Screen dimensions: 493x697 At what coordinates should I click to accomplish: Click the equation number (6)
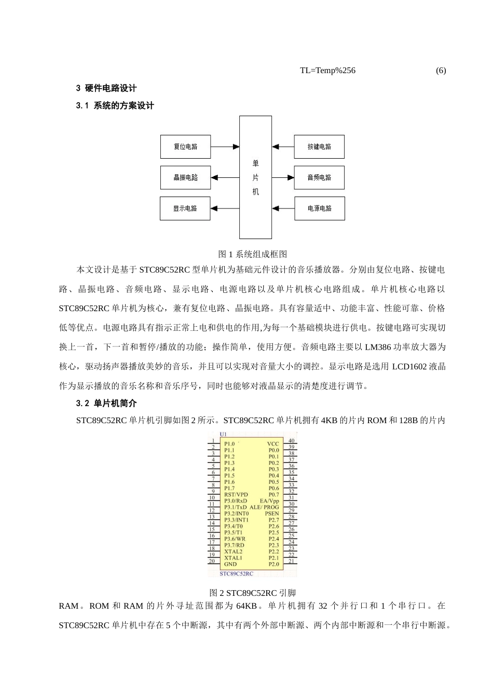pyautogui.click(x=441, y=71)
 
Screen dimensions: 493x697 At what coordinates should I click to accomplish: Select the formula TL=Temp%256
pyautogui.click(x=327, y=71)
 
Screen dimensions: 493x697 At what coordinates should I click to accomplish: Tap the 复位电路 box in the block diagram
pyautogui.click(x=185, y=147)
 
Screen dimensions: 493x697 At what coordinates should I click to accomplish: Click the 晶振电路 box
pyautogui.click(x=185, y=177)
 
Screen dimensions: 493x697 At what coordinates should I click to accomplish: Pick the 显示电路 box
pyautogui.click(x=185, y=208)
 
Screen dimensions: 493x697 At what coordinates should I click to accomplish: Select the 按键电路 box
pyautogui.click(x=319, y=147)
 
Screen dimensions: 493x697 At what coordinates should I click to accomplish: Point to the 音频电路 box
pyautogui.click(x=319, y=177)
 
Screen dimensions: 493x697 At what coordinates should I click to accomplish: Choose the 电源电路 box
pyautogui.click(x=319, y=208)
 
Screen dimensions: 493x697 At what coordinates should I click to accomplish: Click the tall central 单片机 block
pyautogui.click(x=255, y=177)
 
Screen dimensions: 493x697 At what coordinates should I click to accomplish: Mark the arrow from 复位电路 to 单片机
pyautogui.click(x=225, y=147)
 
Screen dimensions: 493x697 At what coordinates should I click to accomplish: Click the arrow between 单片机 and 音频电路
pyautogui.click(x=283, y=177)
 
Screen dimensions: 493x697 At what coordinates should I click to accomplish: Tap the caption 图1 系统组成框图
pyautogui.click(x=253, y=254)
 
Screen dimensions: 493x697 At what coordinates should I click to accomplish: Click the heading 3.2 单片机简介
pyautogui.click(x=106, y=403)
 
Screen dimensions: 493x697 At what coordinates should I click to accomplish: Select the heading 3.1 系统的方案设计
pyautogui.click(x=115, y=106)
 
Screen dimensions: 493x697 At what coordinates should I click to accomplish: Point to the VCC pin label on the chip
pyautogui.click(x=273, y=444)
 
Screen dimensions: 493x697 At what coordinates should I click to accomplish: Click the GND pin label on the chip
pyautogui.click(x=230, y=564)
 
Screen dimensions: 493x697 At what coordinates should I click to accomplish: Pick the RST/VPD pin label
pyautogui.click(x=236, y=495)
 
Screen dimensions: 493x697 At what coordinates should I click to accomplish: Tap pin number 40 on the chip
pyautogui.click(x=292, y=441)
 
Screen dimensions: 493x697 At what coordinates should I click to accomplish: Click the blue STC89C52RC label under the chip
pyautogui.click(x=237, y=574)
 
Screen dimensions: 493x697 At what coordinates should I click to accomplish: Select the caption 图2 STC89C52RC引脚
pyautogui.click(x=253, y=593)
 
